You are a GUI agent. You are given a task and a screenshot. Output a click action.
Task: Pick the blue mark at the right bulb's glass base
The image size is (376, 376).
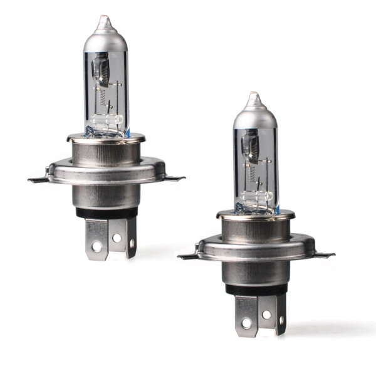pos(277,209)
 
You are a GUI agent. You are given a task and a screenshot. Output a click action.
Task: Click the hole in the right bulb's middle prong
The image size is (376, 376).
pos(266,314)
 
